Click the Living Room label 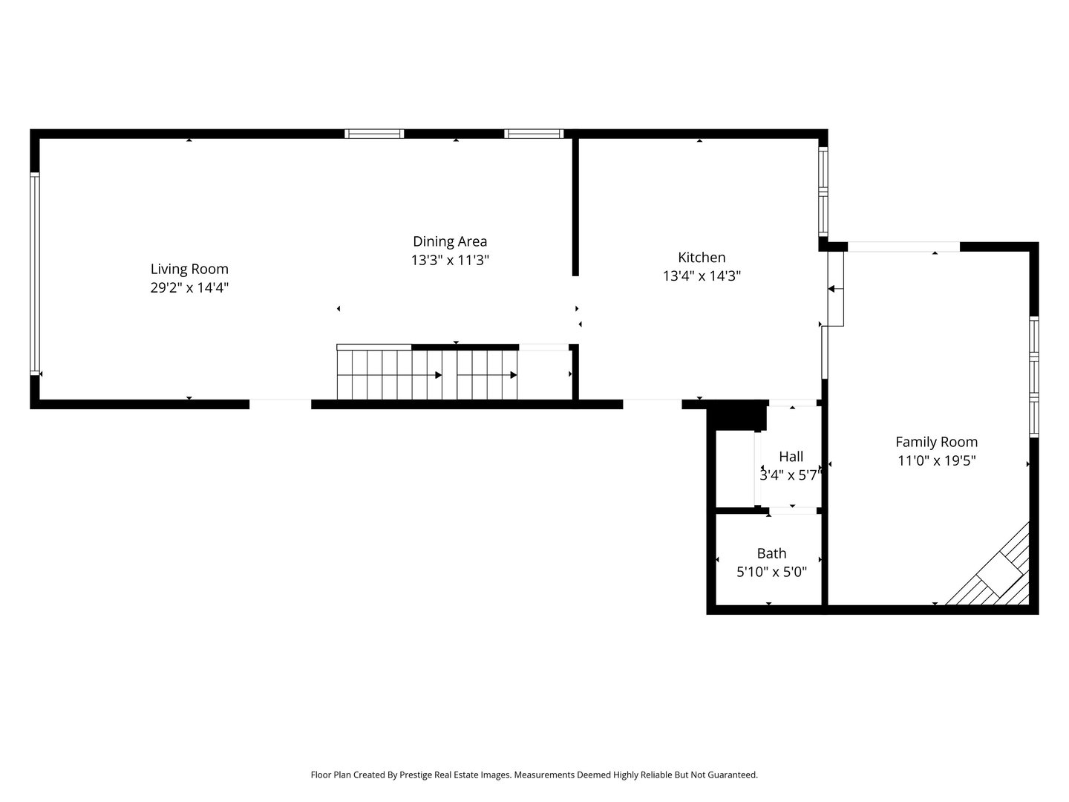(x=189, y=269)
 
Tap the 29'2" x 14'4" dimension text (x=189, y=288)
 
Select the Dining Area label (x=450, y=241)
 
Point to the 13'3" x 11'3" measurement (x=450, y=261)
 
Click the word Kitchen (x=702, y=258)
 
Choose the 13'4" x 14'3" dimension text (x=702, y=276)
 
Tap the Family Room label (x=936, y=442)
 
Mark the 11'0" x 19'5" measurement (x=936, y=460)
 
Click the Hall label (x=791, y=457)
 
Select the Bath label (x=771, y=553)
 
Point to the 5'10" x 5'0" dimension (x=771, y=573)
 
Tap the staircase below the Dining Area (x=427, y=374)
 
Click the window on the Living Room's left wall (x=34, y=273)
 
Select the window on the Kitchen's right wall (x=823, y=192)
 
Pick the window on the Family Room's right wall (x=1033, y=376)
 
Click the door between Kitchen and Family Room (x=836, y=289)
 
